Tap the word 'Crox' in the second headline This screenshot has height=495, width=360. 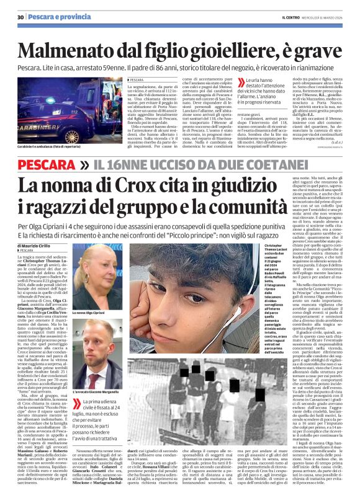171,184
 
